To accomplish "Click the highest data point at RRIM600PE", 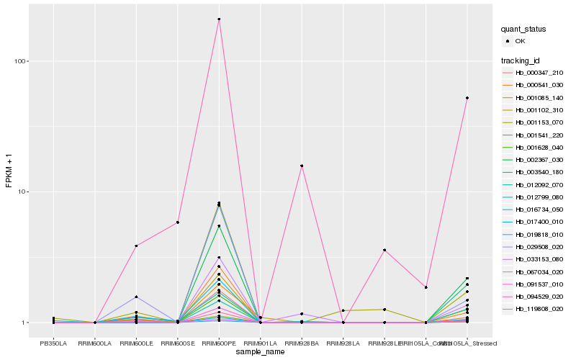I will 219,19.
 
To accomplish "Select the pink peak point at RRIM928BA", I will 302,166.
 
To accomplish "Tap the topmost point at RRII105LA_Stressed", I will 467,98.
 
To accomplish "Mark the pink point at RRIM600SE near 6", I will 178,222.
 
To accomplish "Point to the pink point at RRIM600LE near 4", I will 136,246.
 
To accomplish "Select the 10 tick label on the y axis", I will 21,192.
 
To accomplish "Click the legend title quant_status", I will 523,29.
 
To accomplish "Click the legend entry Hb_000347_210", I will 539,73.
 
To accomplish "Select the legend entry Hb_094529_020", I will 539,296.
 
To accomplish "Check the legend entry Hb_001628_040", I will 539,147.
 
